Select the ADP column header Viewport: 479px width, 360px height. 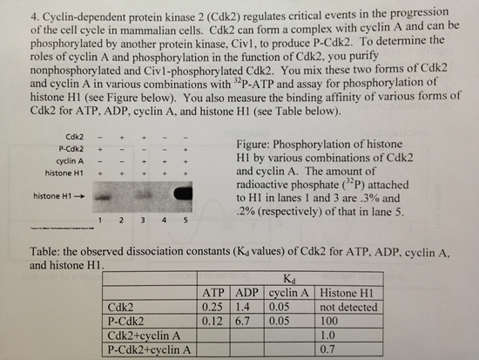tap(249, 293)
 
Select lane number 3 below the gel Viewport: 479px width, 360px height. tap(143, 219)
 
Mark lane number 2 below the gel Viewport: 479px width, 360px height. tap(123, 219)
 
